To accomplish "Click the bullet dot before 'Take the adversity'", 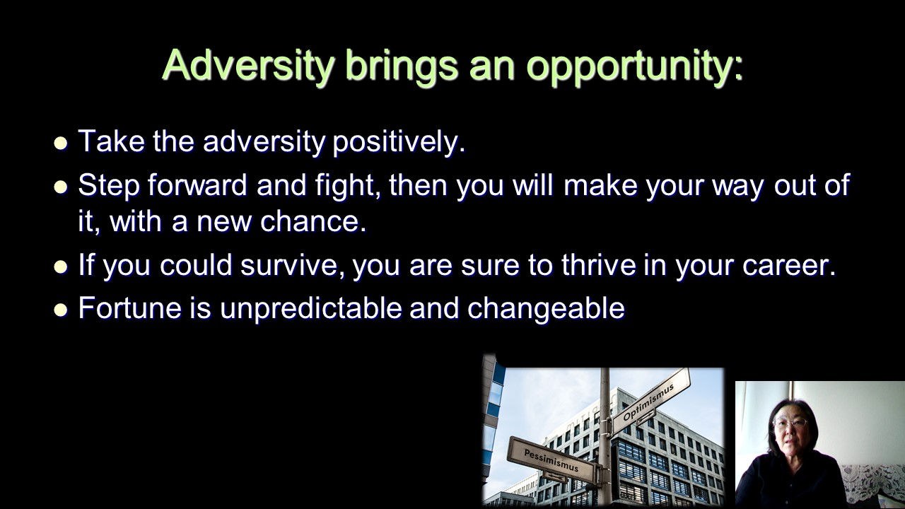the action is [x=61, y=144].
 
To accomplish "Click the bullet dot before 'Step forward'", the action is [x=61, y=187].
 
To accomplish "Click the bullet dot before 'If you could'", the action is [x=61, y=267].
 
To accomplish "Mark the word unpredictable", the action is [x=310, y=309].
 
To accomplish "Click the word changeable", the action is [x=546, y=309].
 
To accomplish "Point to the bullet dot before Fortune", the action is [x=61, y=310].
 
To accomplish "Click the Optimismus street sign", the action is [x=650, y=402].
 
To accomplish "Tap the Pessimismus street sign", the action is [x=551, y=460].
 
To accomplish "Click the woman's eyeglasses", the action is [x=789, y=423].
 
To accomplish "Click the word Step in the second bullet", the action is [x=108, y=186].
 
